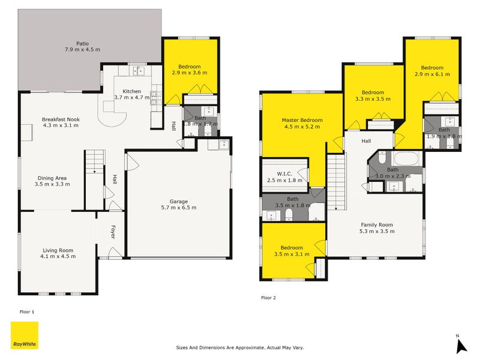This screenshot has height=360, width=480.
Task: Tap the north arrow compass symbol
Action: (x=461, y=344)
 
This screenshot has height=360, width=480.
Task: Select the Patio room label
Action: (x=82, y=44)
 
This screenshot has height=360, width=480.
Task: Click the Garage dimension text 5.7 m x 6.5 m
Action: (x=178, y=208)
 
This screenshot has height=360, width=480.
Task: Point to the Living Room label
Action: (x=58, y=250)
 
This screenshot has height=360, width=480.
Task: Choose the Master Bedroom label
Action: (x=302, y=120)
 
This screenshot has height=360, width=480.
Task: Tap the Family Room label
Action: (x=376, y=225)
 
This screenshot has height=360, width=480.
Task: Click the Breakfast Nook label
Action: (x=61, y=119)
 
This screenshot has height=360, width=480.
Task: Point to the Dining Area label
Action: (x=52, y=178)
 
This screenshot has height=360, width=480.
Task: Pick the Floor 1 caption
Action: (x=27, y=312)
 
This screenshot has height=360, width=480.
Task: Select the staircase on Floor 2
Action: (x=337, y=180)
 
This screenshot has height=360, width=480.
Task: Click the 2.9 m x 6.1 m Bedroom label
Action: (x=432, y=67)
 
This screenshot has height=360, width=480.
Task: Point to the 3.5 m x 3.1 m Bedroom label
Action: (x=292, y=247)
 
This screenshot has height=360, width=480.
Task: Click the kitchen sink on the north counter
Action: (x=139, y=71)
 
